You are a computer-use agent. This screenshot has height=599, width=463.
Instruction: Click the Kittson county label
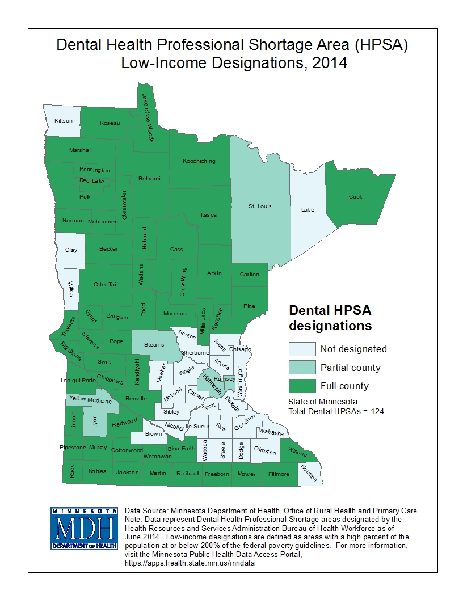(64, 121)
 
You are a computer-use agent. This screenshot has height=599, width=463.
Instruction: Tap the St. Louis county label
(260, 206)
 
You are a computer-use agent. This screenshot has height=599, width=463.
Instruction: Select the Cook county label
(355, 197)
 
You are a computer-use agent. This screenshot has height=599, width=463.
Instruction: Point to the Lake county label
(307, 210)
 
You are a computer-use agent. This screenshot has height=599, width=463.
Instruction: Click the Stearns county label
(154, 344)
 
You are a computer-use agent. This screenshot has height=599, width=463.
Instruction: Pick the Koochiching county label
(199, 161)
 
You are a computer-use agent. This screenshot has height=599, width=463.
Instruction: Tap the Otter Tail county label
(106, 284)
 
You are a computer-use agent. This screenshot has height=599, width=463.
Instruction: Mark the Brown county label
(153, 433)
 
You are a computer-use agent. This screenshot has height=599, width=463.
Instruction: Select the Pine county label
(249, 306)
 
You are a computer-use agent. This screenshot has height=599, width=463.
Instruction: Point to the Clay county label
(71, 250)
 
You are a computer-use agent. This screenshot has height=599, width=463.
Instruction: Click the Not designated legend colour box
(301, 349)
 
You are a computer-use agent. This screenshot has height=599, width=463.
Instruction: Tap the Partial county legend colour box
(301, 368)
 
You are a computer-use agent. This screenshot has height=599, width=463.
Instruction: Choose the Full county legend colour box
(301, 386)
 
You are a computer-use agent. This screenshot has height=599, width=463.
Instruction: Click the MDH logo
(83, 529)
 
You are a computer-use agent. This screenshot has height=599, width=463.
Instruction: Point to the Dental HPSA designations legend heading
(330, 318)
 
